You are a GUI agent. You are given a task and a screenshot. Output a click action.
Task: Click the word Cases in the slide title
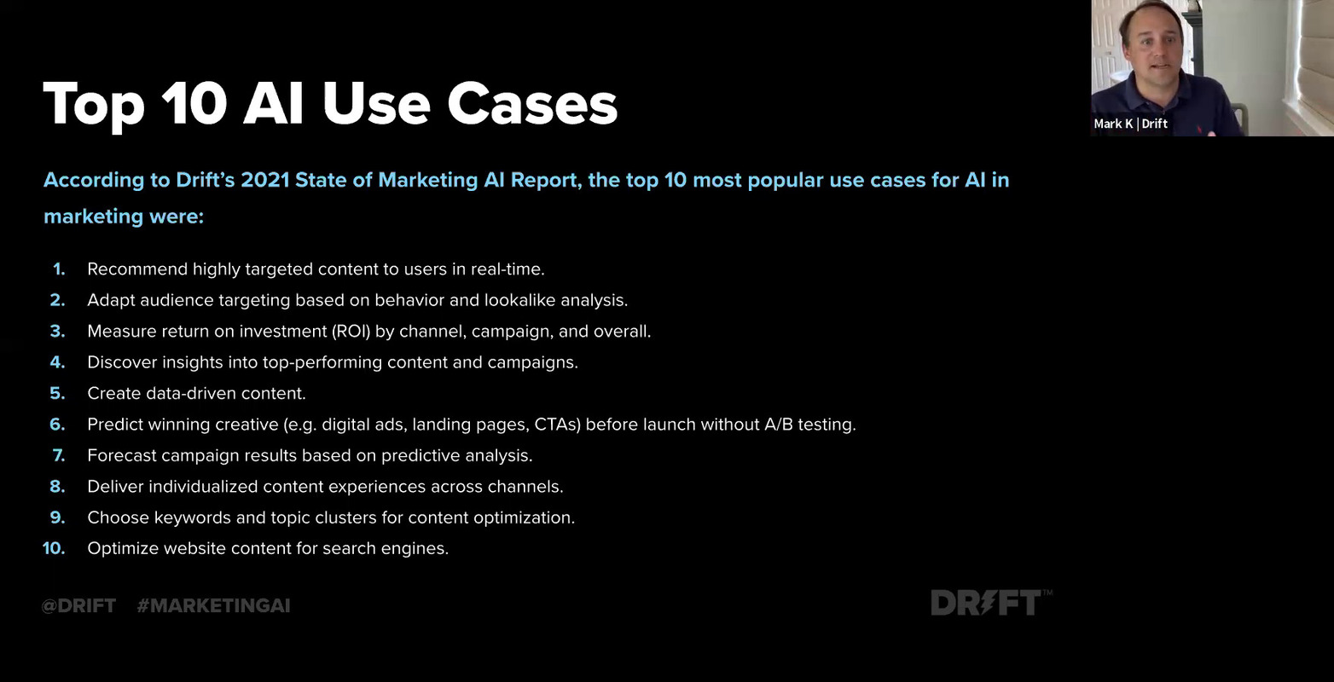[531, 105]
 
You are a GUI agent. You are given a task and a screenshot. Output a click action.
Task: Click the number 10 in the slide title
[194, 105]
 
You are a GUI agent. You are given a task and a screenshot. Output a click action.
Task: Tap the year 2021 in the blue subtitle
[264, 180]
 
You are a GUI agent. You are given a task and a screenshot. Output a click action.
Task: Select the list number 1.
[59, 269]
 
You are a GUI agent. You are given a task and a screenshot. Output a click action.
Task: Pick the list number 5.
[57, 394]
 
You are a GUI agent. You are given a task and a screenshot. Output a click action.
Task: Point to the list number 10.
[54, 549]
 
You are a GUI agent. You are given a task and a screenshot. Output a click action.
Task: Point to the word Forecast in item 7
[121, 456]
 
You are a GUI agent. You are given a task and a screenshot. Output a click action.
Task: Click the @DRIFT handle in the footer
[78, 606]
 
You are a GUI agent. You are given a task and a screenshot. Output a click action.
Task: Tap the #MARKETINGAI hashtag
[213, 606]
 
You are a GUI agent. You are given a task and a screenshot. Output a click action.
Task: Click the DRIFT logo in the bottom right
[987, 604]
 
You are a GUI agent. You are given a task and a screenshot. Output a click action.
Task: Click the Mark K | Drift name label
[1130, 124]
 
